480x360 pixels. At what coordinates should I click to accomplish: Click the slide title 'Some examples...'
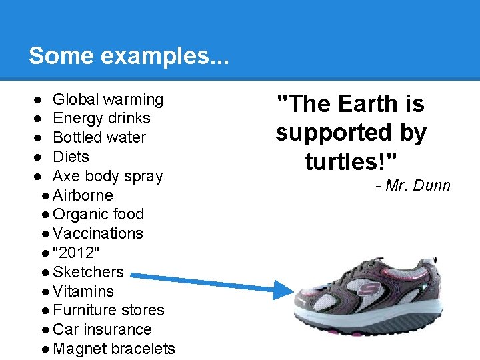click(x=129, y=56)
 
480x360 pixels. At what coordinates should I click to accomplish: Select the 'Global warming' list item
click(x=108, y=100)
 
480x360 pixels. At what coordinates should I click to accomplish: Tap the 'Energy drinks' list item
click(x=101, y=119)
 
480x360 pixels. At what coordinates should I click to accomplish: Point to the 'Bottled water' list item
click(x=99, y=138)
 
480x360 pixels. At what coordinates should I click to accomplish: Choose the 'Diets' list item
click(x=71, y=157)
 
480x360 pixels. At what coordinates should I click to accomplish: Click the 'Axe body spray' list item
click(x=107, y=177)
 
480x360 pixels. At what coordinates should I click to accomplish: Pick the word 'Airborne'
click(x=83, y=196)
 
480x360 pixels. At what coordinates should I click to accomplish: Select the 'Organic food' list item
click(x=98, y=215)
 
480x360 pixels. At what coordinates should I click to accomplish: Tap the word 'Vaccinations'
click(x=98, y=234)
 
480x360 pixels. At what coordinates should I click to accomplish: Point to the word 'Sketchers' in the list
click(x=88, y=272)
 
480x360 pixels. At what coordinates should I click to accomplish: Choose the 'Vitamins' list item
click(x=83, y=291)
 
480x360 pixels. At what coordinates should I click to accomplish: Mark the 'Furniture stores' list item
click(x=108, y=311)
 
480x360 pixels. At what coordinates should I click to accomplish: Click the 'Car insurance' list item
click(x=102, y=329)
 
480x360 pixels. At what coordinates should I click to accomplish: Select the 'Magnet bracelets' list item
click(x=113, y=349)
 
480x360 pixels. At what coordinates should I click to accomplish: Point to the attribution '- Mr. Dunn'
click(x=413, y=185)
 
